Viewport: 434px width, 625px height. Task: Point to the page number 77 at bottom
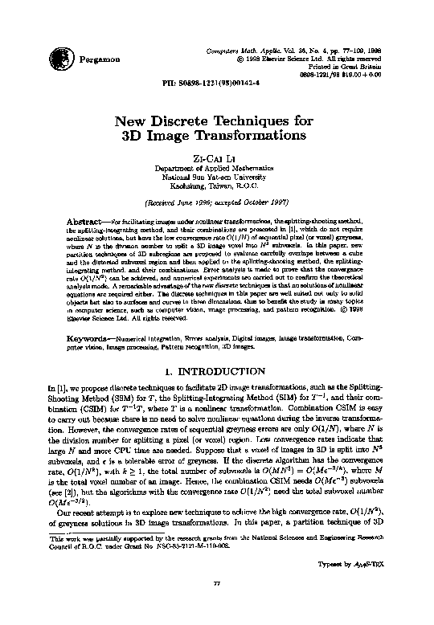(x=215, y=603)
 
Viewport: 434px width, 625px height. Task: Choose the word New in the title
(x=133, y=122)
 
